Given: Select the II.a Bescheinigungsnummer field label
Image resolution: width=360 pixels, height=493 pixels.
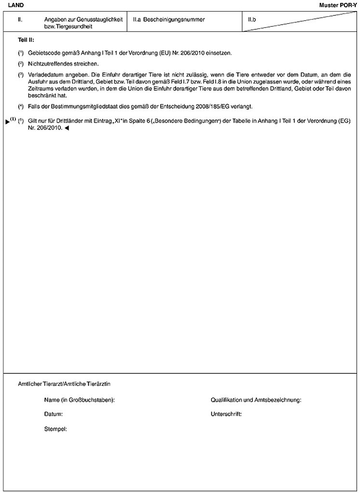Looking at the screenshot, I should tap(169, 20).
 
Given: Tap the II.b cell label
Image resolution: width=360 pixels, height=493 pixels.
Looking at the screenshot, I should tap(251, 20).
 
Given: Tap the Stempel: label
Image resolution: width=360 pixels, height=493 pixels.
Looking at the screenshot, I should tap(55, 428).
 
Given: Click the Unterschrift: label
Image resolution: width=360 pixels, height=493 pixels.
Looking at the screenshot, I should tap(226, 414).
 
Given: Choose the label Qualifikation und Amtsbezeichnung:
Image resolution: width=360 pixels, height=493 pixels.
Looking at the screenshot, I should tap(256, 400).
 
